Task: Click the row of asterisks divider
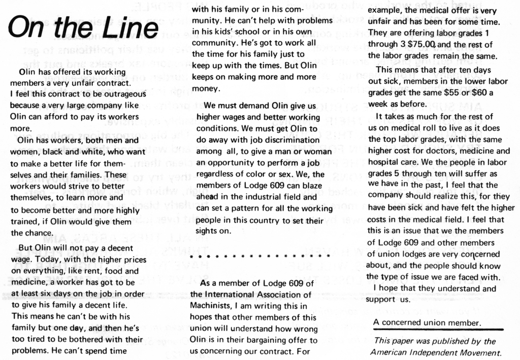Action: point(261,257)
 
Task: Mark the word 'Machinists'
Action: point(211,306)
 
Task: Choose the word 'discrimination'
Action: point(294,139)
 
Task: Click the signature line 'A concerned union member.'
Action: point(427,322)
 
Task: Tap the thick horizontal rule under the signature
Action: point(438,330)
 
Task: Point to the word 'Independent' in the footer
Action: point(437,352)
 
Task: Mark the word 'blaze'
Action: point(309,185)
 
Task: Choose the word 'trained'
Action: point(24,222)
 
